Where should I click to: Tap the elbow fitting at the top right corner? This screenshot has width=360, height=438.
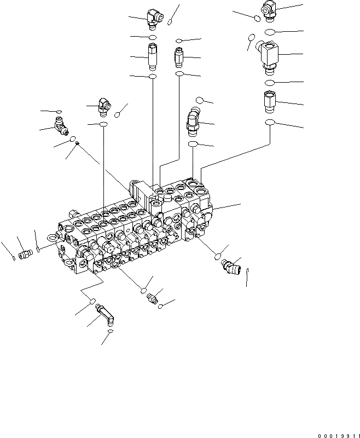[x=270, y=8]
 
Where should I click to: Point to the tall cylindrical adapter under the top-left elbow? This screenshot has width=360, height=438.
[x=153, y=56]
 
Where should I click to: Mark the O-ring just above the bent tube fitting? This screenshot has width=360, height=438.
[x=93, y=301]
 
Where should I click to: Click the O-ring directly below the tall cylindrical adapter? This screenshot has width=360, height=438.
[x=153, y=77]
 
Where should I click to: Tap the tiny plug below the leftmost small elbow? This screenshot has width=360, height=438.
[x=78, y=143]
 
